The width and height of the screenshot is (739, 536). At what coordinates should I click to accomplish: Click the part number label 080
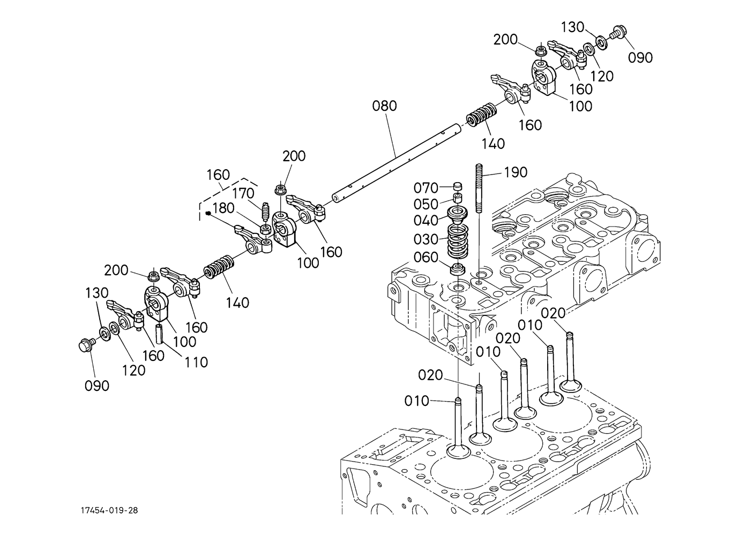pyautogui.click(x=385, y=106)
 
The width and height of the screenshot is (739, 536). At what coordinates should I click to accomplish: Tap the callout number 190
pyautogui.click(x=516, y=172)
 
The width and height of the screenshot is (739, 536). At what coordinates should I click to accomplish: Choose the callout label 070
pyautogui.click(x=426, y=188)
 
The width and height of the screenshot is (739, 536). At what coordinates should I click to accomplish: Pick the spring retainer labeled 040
pyautogui.click(x=457, y=218)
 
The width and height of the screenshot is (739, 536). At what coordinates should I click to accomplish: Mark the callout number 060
pyautogui.click(x=426, y=258)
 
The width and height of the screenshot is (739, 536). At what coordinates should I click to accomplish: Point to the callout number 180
pyautogui.click(x=224, y=208)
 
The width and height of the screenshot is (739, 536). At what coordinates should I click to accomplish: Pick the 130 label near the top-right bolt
pyautogui.click(x=573, y=26)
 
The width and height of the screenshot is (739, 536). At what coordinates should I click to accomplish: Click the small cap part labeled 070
pyautogui.click(x=457, y=186)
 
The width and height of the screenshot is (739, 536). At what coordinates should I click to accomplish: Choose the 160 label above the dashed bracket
pyautogui.click(x=218, y=175)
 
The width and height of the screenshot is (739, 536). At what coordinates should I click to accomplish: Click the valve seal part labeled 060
pyautogui.click(x=457, y=269)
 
